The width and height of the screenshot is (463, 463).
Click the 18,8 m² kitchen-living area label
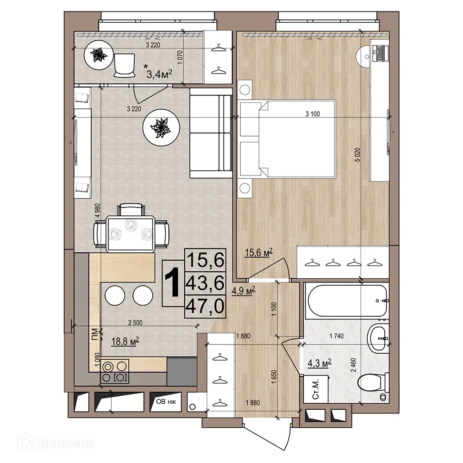click(125, 342)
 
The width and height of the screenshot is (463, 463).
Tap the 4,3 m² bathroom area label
click(319, 363)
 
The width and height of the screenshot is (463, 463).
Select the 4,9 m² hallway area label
click(244, 291)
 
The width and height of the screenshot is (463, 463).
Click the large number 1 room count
click(172, 282)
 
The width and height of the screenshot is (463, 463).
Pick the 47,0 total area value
click(205, 306)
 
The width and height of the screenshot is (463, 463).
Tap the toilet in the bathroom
click(373, 383)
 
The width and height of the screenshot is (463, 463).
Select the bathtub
click(346, 301)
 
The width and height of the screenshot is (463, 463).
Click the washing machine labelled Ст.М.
click(316, 389)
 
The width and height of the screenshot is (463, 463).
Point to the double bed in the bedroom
click(287, 138)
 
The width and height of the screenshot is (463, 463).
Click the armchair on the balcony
click(124, 65)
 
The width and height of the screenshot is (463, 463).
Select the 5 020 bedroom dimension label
click(358, 155)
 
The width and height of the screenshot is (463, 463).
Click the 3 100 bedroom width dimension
click(313, 114)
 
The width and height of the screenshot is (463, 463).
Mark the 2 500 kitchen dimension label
click(135, 323)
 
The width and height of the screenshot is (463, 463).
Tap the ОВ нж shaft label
click(166, 401)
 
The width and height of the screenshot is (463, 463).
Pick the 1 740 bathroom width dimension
click(336, 336)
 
